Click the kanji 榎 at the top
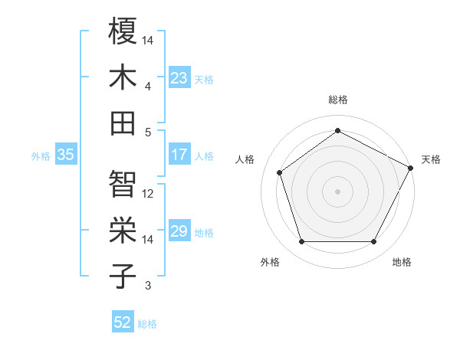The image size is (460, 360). click(123, 31)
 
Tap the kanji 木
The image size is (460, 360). click(123, 77)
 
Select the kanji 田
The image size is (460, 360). click(123, 123)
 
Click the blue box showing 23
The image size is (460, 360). click(179, 78)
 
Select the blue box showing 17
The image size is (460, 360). click(179, 155)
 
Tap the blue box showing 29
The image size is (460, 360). click(179, 231)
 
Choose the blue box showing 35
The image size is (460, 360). click(65, 155)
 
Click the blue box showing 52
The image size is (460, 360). click(123, 322)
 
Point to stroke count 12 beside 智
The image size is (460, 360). click(149, 193)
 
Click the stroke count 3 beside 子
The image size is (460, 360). click(148, 286)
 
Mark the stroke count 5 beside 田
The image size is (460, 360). click(148, 132)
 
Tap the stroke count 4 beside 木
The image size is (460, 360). click(148, 86)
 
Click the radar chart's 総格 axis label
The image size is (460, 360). click(337, 100)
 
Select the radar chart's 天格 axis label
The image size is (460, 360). click(431, 159)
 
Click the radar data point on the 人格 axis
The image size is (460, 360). click(280, 172)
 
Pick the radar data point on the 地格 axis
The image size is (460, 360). click(373, 242)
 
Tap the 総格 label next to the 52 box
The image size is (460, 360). click(147, 323)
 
